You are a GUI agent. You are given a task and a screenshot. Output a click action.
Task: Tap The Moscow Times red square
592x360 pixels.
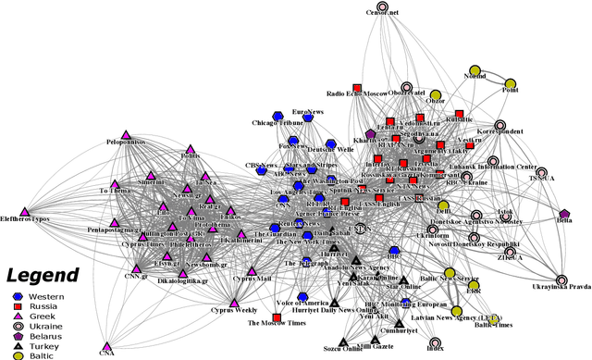(x=277, y=319)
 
